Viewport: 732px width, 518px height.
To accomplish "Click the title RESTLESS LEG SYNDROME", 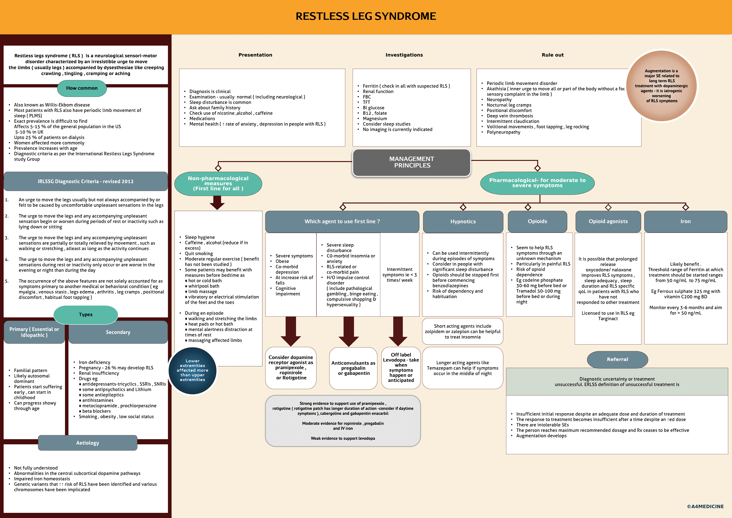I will pyautogui.click(x=366, y=16).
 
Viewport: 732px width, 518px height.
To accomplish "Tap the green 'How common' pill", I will pyautogui.click(x=82, y=88).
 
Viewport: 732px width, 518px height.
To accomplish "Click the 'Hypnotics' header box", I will pyautogui.click(x=463, y=222).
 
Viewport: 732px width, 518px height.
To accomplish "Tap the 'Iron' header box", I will pyautogui.click(x=685, y=222).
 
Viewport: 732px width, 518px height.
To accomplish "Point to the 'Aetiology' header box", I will pyautogui.click(x=88, y=443).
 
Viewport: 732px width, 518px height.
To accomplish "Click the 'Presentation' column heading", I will pyautogui.click(x=255, y=55).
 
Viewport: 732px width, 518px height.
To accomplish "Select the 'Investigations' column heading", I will pyautogui.click(x=404, y=55).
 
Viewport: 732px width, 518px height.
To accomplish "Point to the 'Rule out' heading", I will pyautogui.click(x=552, y=55).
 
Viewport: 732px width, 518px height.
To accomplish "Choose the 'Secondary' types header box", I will pyautogui.click(x=118, y=332).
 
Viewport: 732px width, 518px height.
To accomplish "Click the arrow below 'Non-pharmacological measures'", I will pyautogui.click(x=218, y=202).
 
